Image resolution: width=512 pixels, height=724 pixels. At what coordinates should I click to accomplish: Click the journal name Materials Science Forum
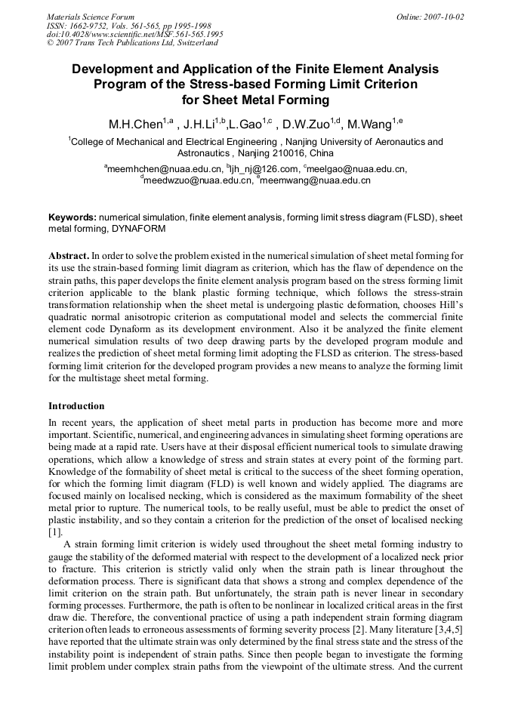coord(91,16)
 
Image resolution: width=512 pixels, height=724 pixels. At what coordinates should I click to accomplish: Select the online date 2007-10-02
coord(444,16)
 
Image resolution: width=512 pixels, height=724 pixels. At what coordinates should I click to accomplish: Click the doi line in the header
coord(134,34)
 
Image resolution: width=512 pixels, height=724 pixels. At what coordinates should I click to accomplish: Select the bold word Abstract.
coord(69,256)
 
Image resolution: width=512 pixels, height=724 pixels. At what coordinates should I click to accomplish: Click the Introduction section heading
coord(76,405)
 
